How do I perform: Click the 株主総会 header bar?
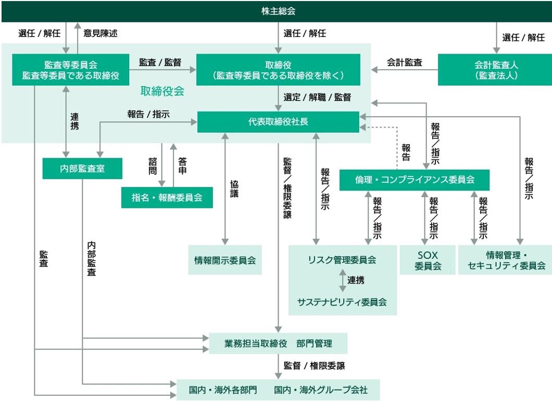pyautogui.click(x=276, y=11)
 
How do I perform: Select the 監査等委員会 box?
pyautogui.click(x=71, y=70)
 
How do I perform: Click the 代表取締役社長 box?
pyautogui.click(x=278, y=122)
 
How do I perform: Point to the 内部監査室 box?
pyautogui.click(x=82, y=168)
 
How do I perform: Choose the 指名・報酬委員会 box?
pyautogui.click(x=167, y=197)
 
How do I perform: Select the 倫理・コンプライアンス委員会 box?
pyautogui.click(x=415, y=180)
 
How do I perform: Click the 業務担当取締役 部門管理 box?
pyautogui.click(x=278, y=344)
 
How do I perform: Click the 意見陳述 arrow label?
pyautogui.click(x=101, y=33)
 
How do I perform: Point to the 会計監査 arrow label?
pyautogui.click(x=404, y=62)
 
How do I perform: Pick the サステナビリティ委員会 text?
pyautogui.click(x=342, y=302)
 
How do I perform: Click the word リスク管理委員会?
pyautogui.click(x=342, y=260)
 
